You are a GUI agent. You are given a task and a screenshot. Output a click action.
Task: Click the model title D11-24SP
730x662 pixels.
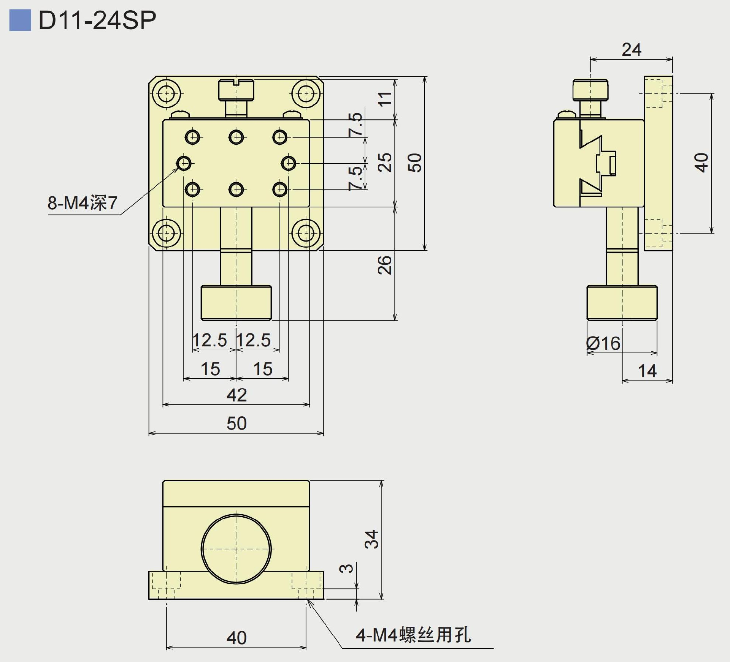click(97, 20)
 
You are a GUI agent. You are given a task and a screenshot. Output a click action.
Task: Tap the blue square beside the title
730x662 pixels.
click(20, 20)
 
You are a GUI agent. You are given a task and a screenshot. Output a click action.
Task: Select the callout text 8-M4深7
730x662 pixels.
click(82, 203)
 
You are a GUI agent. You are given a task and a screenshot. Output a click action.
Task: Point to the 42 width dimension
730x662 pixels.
click(236, 395)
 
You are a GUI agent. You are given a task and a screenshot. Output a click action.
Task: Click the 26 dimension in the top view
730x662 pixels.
click(385, 265)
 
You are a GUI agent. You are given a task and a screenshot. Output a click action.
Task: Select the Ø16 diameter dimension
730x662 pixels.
click(603, 343)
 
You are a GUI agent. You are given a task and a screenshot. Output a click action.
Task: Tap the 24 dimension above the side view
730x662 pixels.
click(631, 50)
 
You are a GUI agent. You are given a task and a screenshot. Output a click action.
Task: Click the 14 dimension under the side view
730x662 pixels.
click(647, 371)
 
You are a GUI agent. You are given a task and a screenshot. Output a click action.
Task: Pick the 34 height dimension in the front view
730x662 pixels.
click(372, 539)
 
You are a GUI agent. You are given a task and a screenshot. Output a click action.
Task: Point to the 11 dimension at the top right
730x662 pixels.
click(385, 98)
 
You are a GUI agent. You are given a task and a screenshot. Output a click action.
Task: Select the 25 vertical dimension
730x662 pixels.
click(385, 163)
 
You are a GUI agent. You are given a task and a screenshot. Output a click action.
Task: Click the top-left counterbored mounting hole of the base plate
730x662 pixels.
click(166, 93)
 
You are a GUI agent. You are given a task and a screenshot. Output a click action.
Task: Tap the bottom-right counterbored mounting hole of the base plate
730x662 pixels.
click(306, 233)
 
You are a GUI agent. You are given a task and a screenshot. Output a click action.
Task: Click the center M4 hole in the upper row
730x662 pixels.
click(236, 137)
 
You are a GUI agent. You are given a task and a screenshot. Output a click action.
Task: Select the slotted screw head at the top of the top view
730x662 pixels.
click(236, 90)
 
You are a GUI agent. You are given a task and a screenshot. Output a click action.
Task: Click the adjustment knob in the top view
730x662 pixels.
click(236, 303)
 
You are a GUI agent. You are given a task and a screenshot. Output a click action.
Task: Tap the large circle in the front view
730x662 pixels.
click(236, 548)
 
